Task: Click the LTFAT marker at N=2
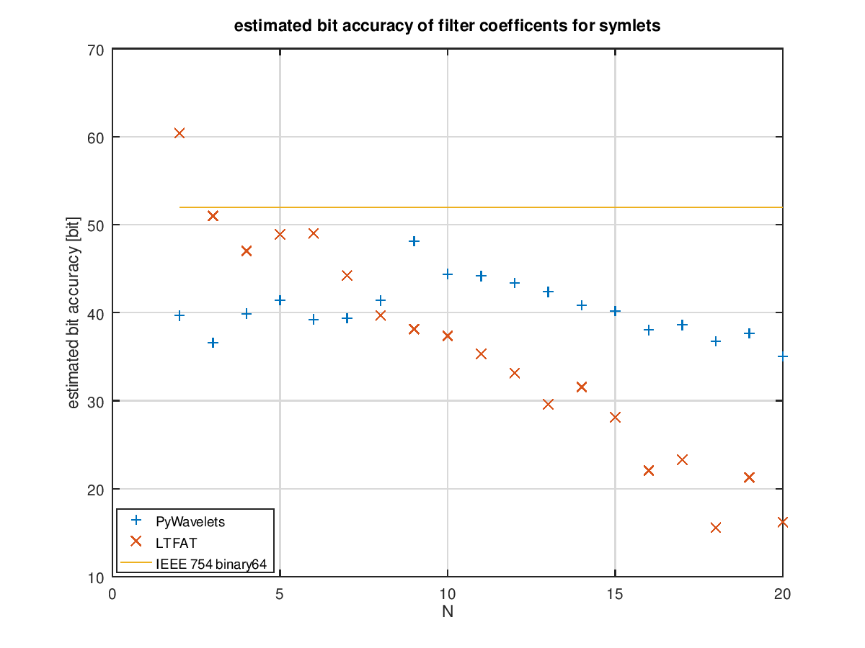click(179, 132)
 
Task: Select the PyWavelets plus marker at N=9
click(414, 241)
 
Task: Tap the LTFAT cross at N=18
click(716, 528)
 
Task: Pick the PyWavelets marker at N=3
click(213, 343)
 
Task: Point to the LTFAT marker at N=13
click(548, 405)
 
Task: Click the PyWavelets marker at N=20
click(782, 356)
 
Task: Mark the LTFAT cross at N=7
click(347, 275)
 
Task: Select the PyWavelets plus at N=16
click(649, 330)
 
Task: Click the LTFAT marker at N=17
click(682, 459)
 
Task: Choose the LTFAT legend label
click(176, 543)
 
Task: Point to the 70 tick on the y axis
click(97, 50)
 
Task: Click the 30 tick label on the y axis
click(97, 401)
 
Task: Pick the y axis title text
click(74, 313)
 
